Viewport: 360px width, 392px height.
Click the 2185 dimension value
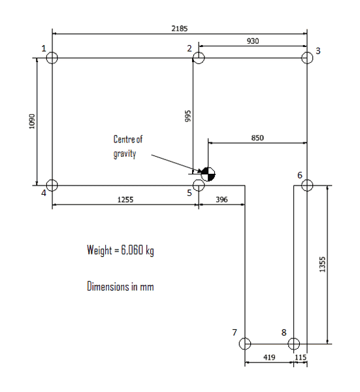point(179,29)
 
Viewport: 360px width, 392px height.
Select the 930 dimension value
point(253,41)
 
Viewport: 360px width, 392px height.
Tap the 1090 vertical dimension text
point(32,122)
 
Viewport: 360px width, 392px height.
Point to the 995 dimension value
point(188,116)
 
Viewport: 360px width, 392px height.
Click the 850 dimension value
point(257,138)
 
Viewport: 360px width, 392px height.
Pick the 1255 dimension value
point(125,199)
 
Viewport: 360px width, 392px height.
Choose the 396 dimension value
point(221,199)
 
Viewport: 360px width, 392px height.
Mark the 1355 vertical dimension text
point(323,264)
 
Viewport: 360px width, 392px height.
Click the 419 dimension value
point(269,357)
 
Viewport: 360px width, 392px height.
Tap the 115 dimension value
point(301,357)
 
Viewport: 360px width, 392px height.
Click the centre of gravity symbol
point(208,174)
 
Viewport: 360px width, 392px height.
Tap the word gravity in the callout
point(125,154)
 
